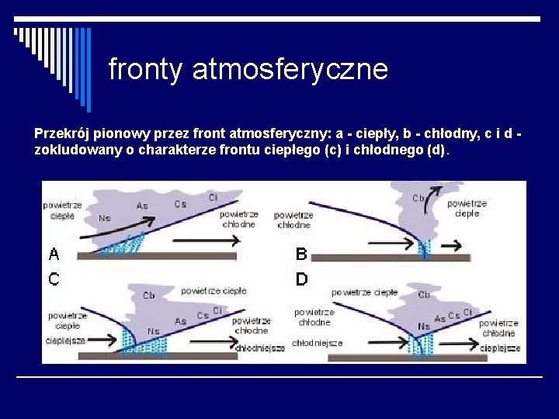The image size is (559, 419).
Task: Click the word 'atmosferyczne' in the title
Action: coord(290,70)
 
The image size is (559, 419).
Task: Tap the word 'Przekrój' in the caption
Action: coord(61,133)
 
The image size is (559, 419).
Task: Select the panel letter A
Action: coord(54,254)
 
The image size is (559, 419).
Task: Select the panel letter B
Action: coord(302,254)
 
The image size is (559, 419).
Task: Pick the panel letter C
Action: coord(54,279)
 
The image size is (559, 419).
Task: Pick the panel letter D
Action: coord(302,279)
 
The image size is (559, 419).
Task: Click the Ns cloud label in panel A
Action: coord(105,218)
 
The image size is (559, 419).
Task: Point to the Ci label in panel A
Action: coord(214,197)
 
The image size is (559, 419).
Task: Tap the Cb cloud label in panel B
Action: coord(418,198)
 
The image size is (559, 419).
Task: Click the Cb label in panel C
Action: coord(149,296)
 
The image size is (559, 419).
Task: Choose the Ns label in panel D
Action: coord(424,327)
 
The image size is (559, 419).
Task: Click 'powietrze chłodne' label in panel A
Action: coord(238,218)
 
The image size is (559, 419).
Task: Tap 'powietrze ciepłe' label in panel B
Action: coord(467,208)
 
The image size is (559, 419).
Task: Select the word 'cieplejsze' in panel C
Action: coord(65,340)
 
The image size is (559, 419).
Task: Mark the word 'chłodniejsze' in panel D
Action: coord(317,342)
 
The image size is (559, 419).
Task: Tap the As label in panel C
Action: coord(180,321)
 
